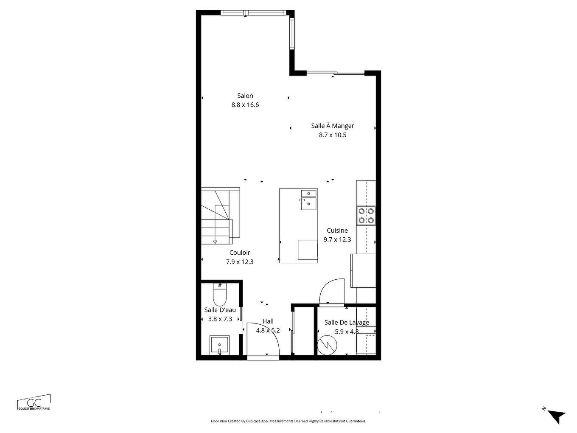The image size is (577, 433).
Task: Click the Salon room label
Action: [x=245, y=96]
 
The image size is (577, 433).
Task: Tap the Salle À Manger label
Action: [x=332, y=126]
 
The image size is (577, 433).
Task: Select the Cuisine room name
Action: [x=337, y=231]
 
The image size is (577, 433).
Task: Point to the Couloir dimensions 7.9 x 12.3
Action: [x=240, y=262]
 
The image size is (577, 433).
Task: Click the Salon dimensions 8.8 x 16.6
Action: [x=245, y=105]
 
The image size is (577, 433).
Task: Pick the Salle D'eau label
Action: [x=220, y=310]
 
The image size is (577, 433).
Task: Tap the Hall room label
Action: [x=268, y=321]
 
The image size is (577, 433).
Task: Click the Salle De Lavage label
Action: [x=346, y=322]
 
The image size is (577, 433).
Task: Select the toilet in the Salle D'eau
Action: [x=220, y=295]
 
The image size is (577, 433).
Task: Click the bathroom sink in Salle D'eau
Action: [x=220, y=344]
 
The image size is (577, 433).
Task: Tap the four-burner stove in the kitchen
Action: [x=366, y=215]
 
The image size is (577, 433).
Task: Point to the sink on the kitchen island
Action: [x=308, y=200]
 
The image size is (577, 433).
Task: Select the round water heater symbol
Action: [x=327, y=345]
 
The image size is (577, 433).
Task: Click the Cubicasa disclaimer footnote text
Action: [x=288, y=421]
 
